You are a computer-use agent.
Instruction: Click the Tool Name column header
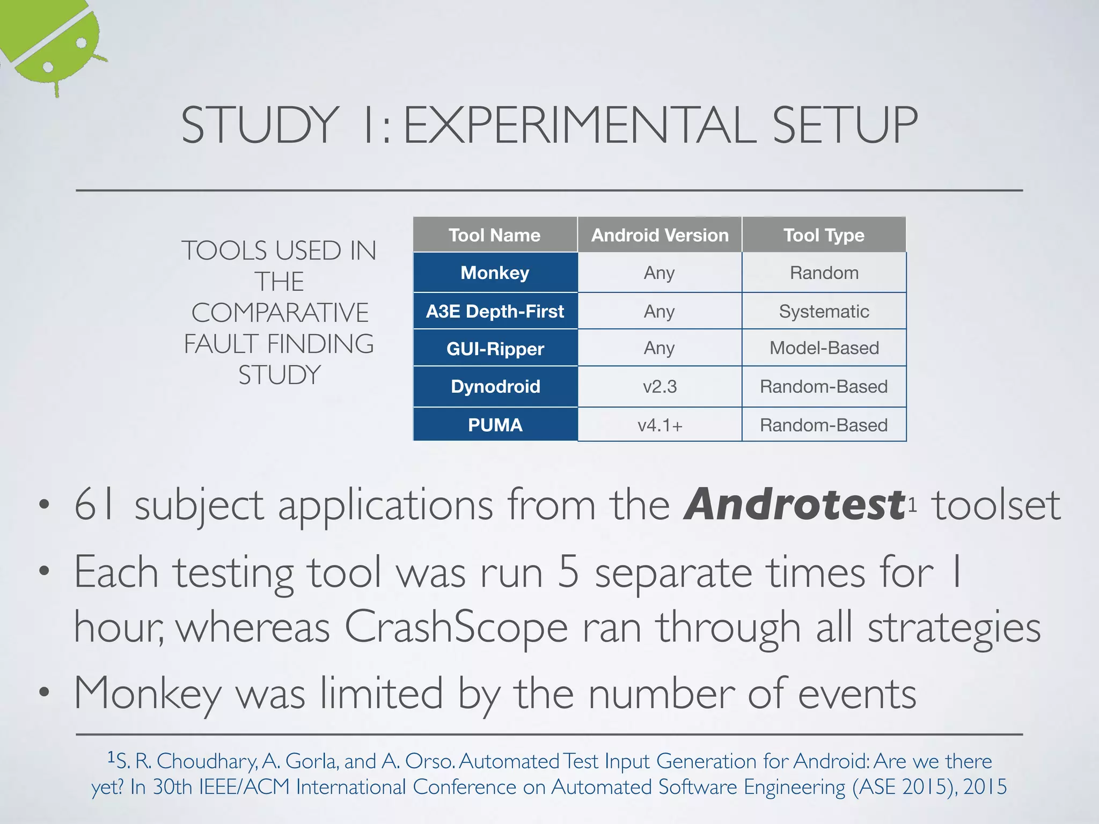(495, 235)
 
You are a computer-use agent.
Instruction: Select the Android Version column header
(660, 235)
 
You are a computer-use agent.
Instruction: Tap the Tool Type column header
(824, 235)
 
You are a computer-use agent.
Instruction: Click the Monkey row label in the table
(495, 273)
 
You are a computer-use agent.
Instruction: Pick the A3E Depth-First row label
(495, 311)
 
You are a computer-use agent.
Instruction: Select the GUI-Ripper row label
(495, 349)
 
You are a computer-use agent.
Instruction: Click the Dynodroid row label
(495, 386)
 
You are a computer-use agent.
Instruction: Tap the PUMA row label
(495, 425)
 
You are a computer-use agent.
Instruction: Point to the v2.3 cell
(660, 386)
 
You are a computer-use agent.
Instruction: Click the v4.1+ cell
(660, 425)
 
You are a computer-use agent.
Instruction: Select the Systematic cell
(824, 311)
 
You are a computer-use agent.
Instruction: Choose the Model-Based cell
(824, 348)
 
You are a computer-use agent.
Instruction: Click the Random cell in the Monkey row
(824, 273)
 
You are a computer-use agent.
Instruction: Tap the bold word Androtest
(794, 505)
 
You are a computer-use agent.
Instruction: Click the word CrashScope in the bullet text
(456, 628)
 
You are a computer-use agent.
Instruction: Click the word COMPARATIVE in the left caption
(280, 313)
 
